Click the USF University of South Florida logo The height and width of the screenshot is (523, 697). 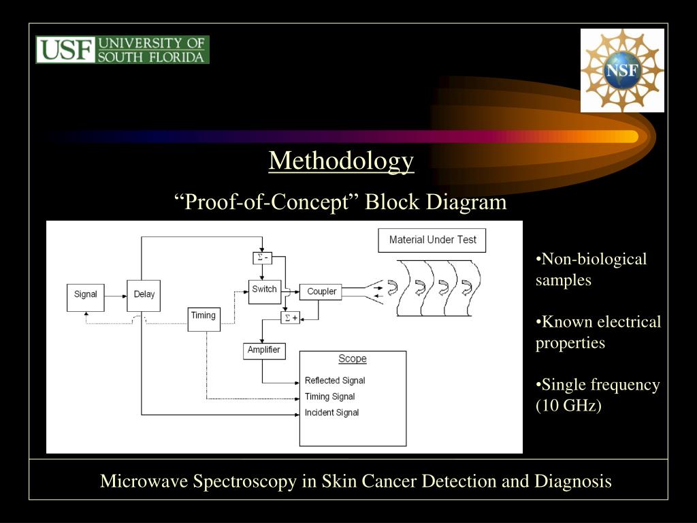tap(123, 50)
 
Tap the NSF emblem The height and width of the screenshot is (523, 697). tap(622, 70)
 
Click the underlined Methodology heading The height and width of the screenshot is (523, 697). tap(341, 161)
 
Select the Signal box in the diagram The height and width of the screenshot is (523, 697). tap(86, 295)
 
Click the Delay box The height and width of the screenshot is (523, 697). tap(144, 295)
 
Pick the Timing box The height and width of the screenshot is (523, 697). tap(204, 319)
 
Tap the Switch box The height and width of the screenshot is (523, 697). tap(265, 290)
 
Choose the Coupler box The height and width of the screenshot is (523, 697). tap(322, 291)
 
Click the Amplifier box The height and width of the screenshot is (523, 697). tap(264, 350)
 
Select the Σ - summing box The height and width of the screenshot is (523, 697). tap(263, 257)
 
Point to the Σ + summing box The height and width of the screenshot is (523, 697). tap(290, 317)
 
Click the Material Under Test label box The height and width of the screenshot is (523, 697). tap(432, 240)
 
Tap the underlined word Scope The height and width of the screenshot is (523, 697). tap(353, 359)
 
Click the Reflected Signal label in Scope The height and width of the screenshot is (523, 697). tap(335, 381)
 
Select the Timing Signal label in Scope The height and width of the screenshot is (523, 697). tap(329, 396)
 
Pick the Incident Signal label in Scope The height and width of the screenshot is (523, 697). tap(331, 413)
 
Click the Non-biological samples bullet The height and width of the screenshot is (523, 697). tap(591, 270)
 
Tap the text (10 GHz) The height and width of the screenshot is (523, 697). tap(568, 407)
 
